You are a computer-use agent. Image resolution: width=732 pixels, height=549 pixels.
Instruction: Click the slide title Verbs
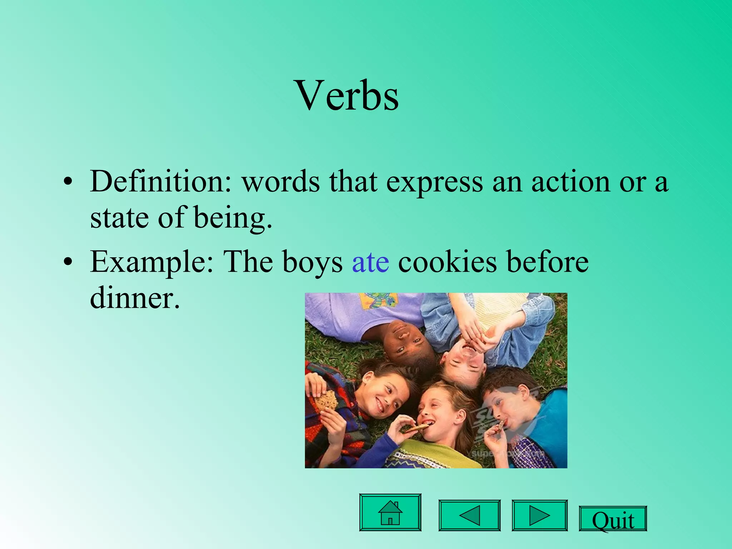pyautogui.click(x=347, y=96)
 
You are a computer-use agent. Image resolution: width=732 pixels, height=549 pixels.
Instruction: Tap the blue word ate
pyautogui.click(x=370, y=262)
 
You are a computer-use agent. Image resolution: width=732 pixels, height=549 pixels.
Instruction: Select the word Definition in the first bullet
pyautogui.click(x=161, y=182)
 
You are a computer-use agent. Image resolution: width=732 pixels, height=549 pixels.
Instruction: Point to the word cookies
pyautogui.click(x=447, y=262)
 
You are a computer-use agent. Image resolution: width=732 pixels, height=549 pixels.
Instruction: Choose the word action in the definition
pyautogui.click(x=570, y=182)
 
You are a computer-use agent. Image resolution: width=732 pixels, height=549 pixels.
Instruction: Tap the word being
pyautogui.click(x=233, y=218)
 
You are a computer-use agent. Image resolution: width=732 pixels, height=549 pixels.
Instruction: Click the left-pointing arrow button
pyautogui.click(x=469, y=515)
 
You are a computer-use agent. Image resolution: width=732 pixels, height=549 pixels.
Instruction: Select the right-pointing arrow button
pyautogui.click(x=539, y=515)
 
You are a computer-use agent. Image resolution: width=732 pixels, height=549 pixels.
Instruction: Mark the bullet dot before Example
pyautogui.click(x=68, y=263)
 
